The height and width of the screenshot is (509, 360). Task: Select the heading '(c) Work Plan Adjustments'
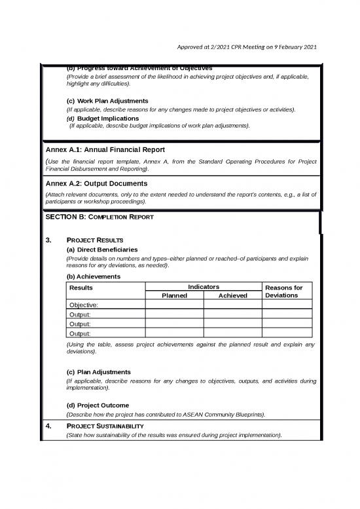point(107,101)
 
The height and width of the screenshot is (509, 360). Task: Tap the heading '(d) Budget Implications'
point(103,118)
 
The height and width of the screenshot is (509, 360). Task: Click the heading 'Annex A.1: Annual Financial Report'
point(104,150)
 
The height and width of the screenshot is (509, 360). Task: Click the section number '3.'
point(49,240)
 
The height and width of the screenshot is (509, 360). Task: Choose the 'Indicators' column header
point(204,287)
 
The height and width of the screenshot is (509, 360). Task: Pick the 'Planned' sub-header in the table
point(174,295)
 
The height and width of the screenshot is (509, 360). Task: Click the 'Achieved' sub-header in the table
point(232,295)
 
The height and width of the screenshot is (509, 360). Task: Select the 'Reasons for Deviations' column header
point(288,291)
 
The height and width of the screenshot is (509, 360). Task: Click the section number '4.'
point(49,426)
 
